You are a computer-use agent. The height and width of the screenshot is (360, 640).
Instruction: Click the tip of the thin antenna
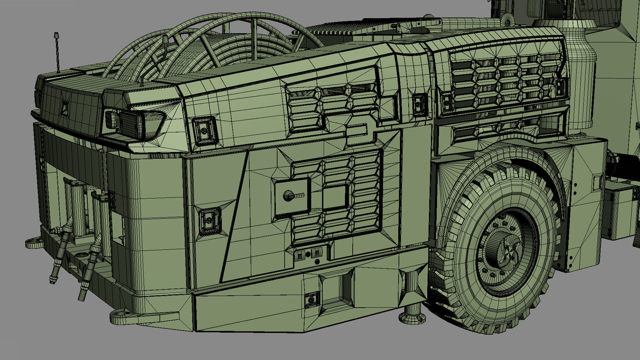[56, 34]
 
